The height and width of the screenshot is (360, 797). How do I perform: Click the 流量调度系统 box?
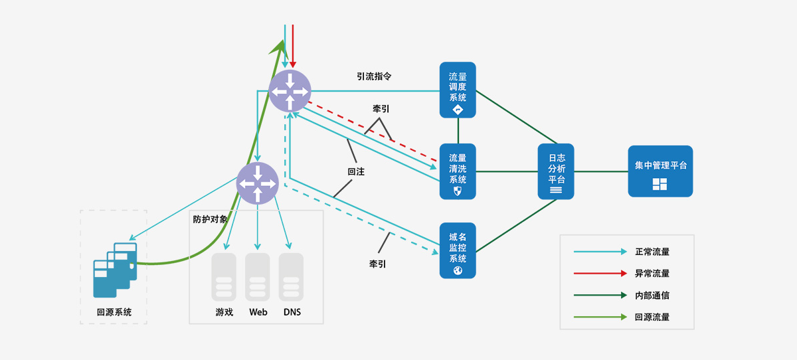tap(458, 90)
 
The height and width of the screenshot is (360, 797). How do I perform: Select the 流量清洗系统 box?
tap(458, 171)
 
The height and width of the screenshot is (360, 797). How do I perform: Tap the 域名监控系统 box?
tap(458, 250)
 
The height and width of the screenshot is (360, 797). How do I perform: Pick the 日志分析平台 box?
tap(556, 171)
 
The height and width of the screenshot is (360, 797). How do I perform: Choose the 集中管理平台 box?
tap(660, 171)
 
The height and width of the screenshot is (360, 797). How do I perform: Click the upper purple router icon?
tap(290, 91)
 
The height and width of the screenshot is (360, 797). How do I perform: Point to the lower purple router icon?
tap(258, 183)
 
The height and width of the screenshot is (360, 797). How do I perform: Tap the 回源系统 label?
tap(114, 312)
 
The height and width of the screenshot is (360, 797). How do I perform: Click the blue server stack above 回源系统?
tap(115, 269)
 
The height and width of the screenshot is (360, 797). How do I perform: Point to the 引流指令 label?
tap(374, 76)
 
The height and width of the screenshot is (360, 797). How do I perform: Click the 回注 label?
tap(356, 171)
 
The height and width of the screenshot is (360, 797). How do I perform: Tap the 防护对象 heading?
tap(210, 219)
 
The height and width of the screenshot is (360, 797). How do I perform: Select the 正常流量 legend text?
tap(652, 252)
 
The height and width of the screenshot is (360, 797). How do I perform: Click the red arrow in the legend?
tap(600, 273)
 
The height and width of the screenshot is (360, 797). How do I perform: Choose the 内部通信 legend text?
tap(652, 296)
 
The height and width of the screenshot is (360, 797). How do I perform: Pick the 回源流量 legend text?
tap(652, 317)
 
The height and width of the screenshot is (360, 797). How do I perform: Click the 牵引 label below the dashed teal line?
tap(378, 264)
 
